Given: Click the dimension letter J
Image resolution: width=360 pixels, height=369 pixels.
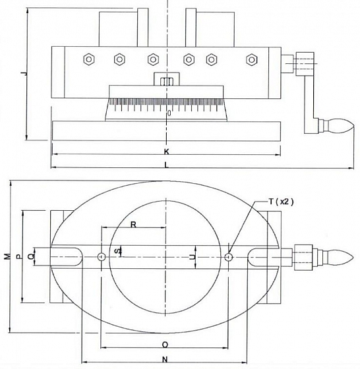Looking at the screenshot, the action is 24,74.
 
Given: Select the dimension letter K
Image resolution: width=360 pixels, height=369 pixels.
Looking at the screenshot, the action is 166,152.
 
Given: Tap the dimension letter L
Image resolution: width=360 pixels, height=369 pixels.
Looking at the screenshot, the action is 166,165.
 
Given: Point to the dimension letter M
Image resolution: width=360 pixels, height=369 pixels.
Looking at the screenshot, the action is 8,256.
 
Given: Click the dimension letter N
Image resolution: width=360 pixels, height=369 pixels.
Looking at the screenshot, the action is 165,359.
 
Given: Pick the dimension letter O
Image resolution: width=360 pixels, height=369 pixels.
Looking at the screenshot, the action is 165,345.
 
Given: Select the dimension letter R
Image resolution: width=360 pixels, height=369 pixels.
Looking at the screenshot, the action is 133,225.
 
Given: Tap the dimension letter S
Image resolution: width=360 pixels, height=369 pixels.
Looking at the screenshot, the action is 117,251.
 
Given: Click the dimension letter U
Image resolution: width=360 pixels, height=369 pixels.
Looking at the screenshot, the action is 193,257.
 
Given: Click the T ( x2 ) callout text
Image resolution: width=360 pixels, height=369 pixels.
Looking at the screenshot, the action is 281,202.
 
